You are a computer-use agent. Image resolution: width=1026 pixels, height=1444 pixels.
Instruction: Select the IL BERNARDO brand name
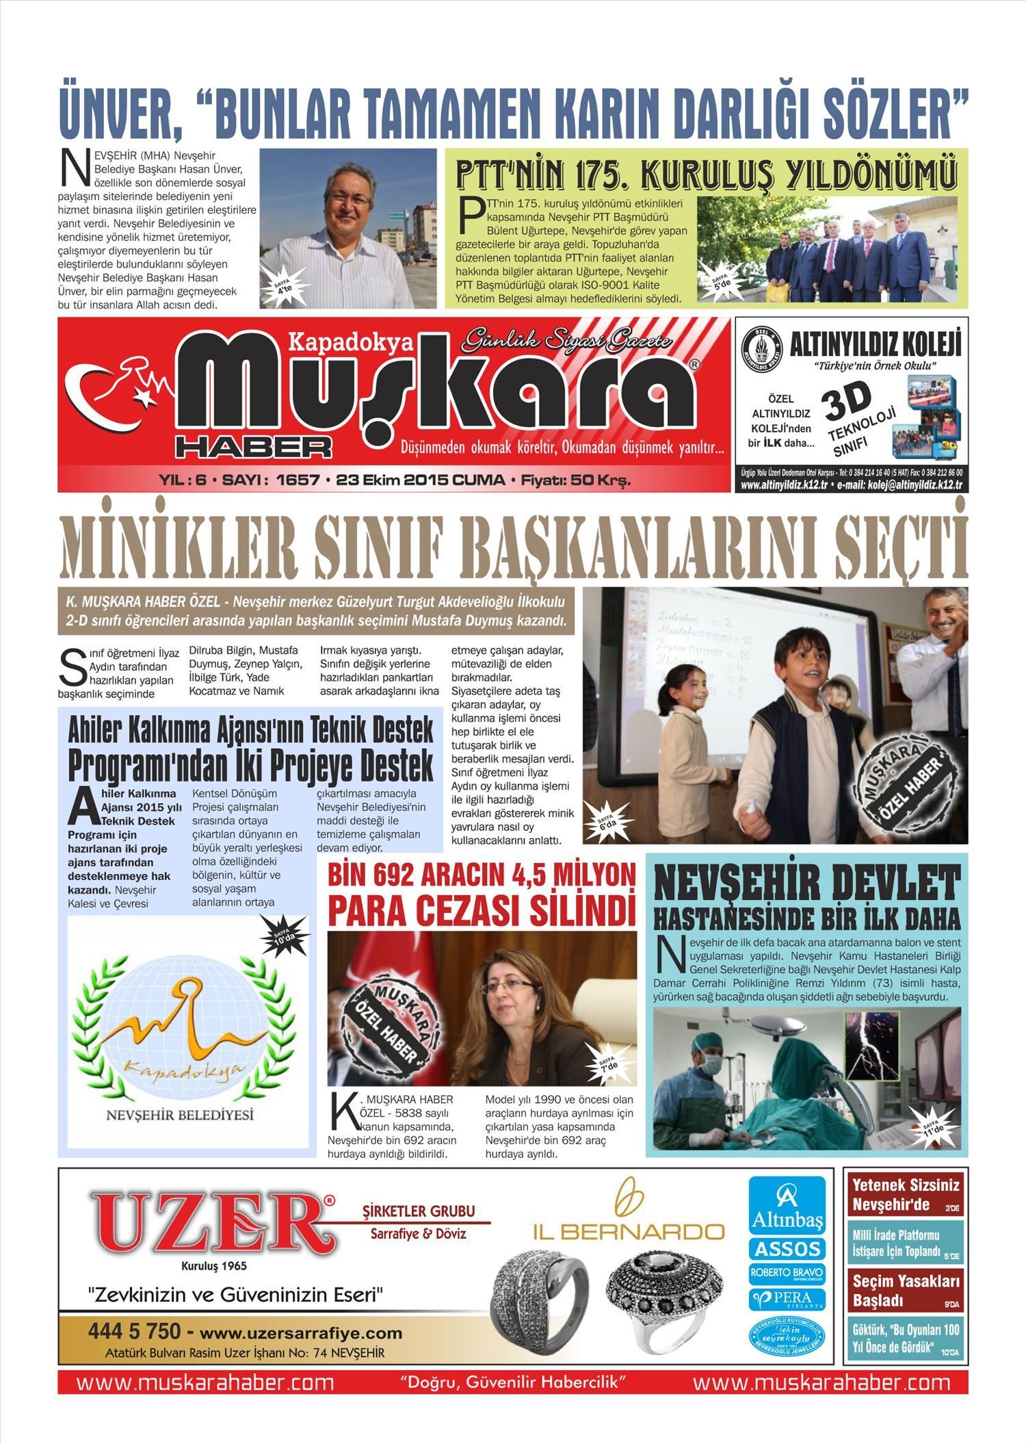click(629, 1232)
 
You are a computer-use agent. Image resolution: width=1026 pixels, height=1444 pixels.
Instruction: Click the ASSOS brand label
click(787, 1249)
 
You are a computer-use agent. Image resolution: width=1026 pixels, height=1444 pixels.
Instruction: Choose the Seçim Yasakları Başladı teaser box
click(906, 1290)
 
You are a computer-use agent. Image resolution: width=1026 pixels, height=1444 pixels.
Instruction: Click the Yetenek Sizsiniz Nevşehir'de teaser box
click(906, 1194)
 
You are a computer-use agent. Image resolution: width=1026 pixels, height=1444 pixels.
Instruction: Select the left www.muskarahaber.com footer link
click(205, 1382)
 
